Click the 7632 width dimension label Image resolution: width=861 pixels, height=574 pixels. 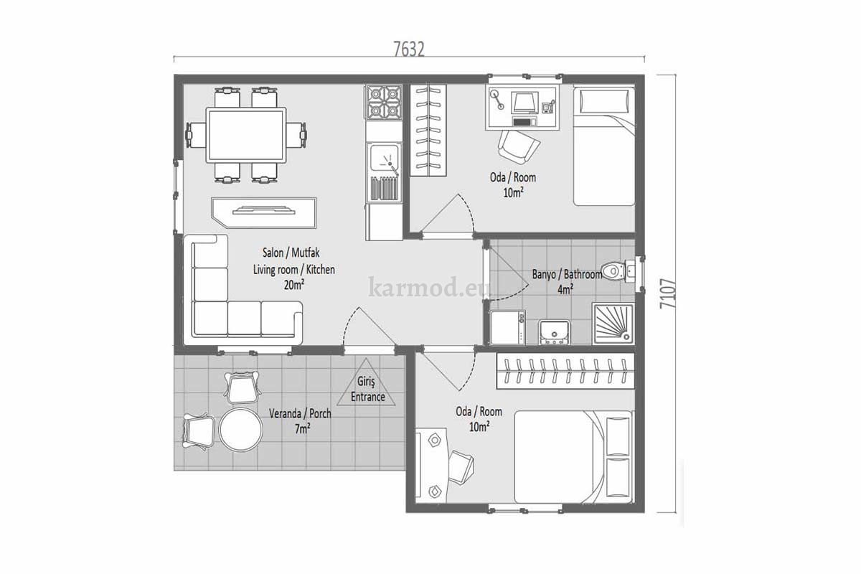click(x=410, y=50)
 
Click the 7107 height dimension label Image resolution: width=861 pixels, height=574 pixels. click(x=668, y=293)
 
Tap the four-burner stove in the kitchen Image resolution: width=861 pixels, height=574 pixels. click(x=383, y=102)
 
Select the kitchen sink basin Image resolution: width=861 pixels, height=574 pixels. click(x=384, y=158)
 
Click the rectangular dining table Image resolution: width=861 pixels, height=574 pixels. click(x=246, y=135)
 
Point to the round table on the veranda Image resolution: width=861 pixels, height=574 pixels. click(x=241, y=430)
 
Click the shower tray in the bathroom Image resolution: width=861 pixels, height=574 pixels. click(x=613, y=324)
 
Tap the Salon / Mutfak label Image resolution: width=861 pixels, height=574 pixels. click(x=291, y=253)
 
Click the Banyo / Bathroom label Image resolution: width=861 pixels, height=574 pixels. click(x=567, y=274)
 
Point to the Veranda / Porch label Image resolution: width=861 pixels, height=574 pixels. click(x=300, y=414)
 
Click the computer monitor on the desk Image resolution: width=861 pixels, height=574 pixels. click(x=524, y=103)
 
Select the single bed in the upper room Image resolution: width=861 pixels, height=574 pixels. click(x=604, y=146)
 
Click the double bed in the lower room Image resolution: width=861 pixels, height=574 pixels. click(x=573, y=457)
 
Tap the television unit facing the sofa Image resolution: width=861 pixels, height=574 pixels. click(x=264, y=212)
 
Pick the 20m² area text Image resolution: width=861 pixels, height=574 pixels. click(x=294, y=285)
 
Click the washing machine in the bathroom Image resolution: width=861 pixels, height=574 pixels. click(x=508, y=327)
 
